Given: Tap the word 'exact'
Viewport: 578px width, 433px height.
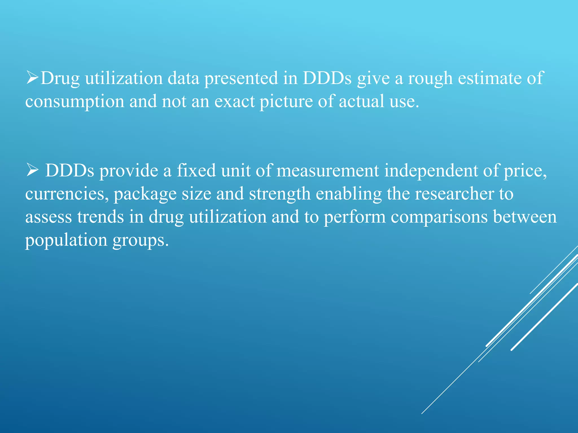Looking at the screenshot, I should click(x=235, y=101).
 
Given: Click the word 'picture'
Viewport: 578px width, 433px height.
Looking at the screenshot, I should click(x=286, y=101).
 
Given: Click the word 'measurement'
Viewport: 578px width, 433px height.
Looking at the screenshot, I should click(x=328, y=171).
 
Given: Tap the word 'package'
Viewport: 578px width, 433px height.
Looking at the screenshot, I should click(x=145, y=195).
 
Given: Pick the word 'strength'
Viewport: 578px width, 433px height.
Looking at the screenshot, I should click(x=280, y=194).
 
